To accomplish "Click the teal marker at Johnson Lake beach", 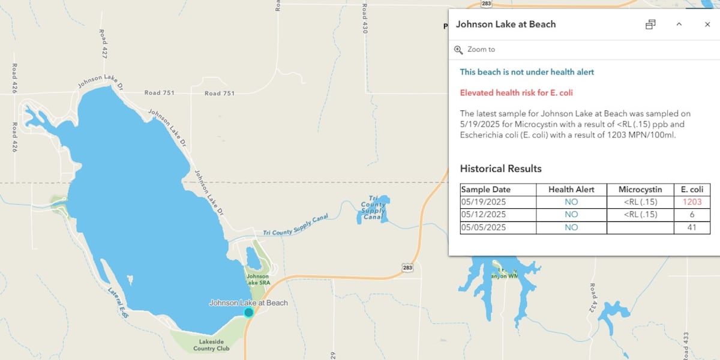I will tap(249, 312).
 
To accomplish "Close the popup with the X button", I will tap(707, 25).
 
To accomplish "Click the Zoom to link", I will tap(481, 49).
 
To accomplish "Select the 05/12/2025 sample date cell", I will tap(484, 215).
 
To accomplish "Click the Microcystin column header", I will tap(640, 190).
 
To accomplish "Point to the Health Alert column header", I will tap(571, 190).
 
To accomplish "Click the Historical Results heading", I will tap(500, 169).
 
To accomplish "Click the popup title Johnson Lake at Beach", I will tap(506, 25).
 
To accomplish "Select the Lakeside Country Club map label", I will tap(211, 344).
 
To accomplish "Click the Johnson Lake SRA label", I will tap(257, 280).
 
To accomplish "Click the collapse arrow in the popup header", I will tap(679, 25).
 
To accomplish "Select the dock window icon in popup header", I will tap(650, 25).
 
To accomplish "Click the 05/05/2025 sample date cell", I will tap(484, 228).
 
